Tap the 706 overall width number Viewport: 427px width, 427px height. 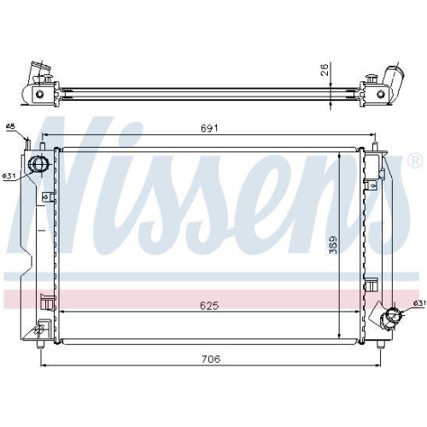pos(209,360)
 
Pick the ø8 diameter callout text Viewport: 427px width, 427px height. pos(10,127)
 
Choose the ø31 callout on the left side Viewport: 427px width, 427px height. pos(9,176)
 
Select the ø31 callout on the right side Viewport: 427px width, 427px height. pos(418,302)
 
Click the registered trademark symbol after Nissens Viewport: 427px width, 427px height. pos(414,161)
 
